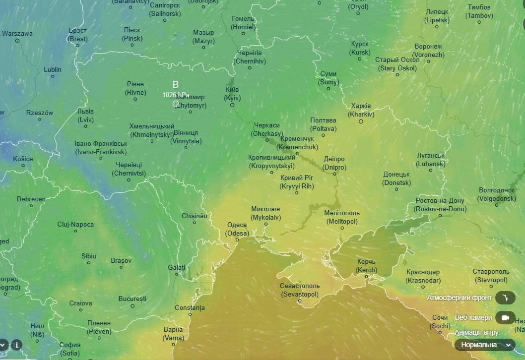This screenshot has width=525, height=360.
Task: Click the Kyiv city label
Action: click(232, 94)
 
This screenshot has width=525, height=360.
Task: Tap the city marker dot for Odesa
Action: click(237, 240)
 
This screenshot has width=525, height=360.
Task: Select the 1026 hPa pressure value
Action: click(176, 94)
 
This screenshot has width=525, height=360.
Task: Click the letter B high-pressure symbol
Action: click(175, 84)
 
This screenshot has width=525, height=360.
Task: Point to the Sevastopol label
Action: click(300, 290)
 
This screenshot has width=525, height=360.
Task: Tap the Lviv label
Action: click(85, 116)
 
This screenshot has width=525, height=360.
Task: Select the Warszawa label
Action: click(17, 34)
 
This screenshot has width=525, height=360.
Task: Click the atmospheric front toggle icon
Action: click(505, 298)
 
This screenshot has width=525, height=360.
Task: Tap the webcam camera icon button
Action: click(505, 317)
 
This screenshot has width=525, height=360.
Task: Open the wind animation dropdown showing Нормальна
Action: click(485, 345)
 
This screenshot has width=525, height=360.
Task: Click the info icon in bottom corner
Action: click(16, 344)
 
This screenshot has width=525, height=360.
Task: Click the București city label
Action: click(132, 299)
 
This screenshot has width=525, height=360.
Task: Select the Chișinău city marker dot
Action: click(195, 222)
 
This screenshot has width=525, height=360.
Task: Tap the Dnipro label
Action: click(334, 163)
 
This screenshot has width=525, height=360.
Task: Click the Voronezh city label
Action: click(428, 51)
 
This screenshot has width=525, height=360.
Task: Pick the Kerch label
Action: click(366, 266)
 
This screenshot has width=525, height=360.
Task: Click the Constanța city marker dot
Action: click(190, 314)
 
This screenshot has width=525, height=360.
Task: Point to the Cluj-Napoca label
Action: click(75, 225)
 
